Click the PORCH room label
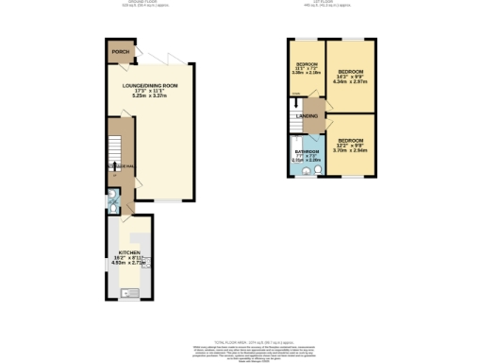pos(119,52)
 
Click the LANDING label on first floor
pos(308,116)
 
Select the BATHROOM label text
pos(307,152)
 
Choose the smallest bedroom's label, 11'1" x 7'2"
pos(307,66)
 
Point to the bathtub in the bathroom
pos(296,156)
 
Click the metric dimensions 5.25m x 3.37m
pos(150,95)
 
